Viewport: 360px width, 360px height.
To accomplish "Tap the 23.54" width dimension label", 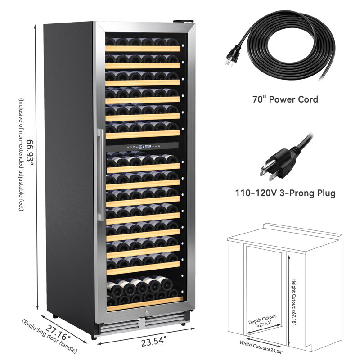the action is pos(153,342).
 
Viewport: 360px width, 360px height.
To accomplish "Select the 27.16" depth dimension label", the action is pos(58,333).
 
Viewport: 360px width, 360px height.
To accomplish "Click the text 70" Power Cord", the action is pos(285,99).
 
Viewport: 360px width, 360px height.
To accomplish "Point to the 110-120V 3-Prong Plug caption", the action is pos(285,193).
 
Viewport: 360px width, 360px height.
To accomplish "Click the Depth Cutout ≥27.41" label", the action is pos(263,320).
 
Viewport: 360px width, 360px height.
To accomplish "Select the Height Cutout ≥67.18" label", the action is pos(294,301).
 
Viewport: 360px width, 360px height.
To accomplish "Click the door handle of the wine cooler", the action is pos(100,175).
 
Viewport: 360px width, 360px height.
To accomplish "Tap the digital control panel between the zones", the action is pos(142,147).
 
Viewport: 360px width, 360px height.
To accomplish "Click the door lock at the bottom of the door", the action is pos(147,313).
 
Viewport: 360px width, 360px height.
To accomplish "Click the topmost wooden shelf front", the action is pos(143,49).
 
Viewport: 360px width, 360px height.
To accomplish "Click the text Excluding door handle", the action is pos(49,336).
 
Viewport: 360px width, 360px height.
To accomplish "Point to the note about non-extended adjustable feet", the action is pos(21,154).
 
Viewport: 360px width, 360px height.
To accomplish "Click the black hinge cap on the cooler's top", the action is pos(184,21).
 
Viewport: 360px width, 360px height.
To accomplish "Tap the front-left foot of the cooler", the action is pos(94,337).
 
